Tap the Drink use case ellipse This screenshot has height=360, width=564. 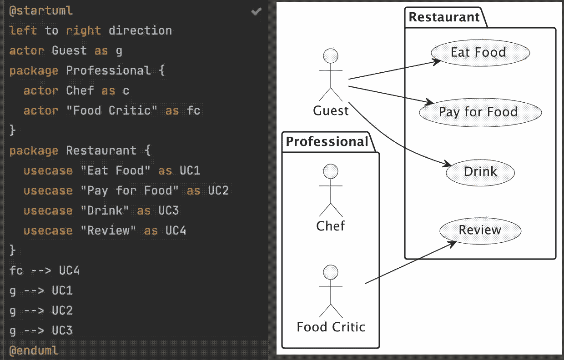pyautogui.click(x=480, y=172)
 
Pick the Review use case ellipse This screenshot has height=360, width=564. pyautogui.click(x=480, y=230)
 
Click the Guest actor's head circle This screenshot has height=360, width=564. pyautogui.click(x=331, y=56)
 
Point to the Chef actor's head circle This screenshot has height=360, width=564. pyautogui.click(x=331, y=171)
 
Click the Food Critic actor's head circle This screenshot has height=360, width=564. pyautogui.click(x=331, y=272)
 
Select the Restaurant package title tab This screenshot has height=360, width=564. pyautogui.click(x=444, y=17)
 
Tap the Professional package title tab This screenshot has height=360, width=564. pyautogui.click(x=327, y=142)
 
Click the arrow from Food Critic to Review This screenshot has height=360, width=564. pyautogui.click(x=409, y=263)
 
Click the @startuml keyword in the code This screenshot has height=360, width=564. pyautogui.click(x=41, y=11)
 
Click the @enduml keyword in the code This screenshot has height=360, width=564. pyautogui.click(x=34, y=350)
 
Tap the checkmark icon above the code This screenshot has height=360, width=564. pyautogui.click(x=257, y=11)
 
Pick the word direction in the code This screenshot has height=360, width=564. pyautogui.click(x=140, y=31)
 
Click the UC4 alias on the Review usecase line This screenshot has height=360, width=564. pyautogui.click(x=176, y=230)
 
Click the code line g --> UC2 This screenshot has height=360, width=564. pyautogui.click(x=41, y=310)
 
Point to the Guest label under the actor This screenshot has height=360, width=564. pyautogui.click(x=331, y=110)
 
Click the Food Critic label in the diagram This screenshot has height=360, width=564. pyautogui.click(x=331, y=327)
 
